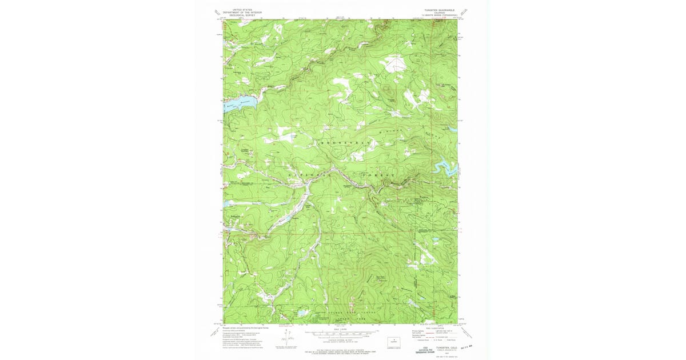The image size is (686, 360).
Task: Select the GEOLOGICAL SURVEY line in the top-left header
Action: pyautogui.click(x=241, y=14)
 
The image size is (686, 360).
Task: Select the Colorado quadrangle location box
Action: pyautogui.click(x=394, y=341)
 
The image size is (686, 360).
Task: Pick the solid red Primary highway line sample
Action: pyautogui.click(x=431, y=333)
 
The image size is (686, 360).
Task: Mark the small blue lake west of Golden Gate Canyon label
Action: pyautogui.click(x=301, y=314)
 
